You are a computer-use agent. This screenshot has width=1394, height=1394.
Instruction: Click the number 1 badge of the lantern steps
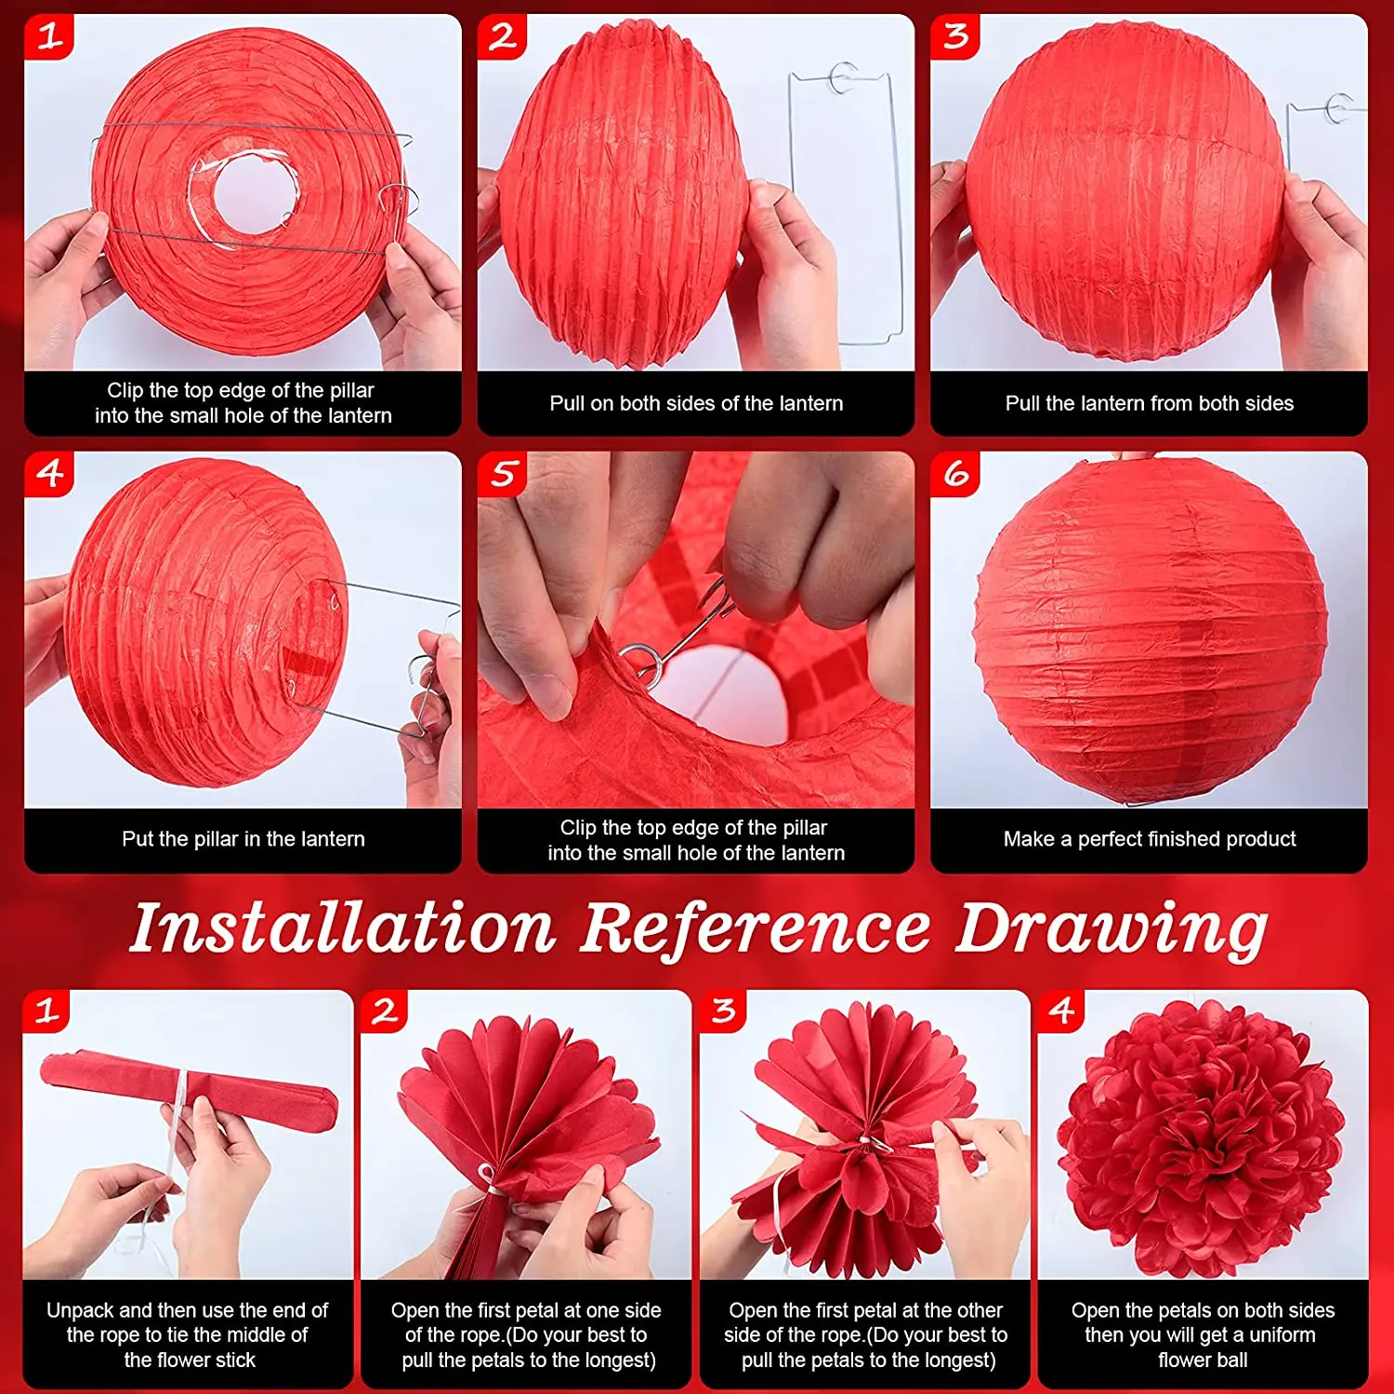[48, 37]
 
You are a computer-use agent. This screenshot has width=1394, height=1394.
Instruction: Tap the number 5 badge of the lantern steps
[502, 474]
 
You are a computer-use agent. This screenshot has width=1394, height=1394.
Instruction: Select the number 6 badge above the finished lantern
[955, 474]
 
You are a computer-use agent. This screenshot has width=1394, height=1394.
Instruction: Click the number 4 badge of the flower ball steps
[1061, 1011]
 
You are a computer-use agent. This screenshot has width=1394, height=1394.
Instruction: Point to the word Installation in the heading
[342, 928]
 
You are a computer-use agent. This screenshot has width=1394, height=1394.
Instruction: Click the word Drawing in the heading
[1111, 931]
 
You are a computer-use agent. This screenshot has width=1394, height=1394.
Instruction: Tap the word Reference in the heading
[756, 928]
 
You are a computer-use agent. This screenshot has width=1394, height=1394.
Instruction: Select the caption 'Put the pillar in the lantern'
[243, 839]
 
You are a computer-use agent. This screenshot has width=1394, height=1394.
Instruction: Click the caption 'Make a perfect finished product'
[1150, 839]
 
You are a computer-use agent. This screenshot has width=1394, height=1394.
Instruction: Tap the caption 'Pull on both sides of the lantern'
[696, 403]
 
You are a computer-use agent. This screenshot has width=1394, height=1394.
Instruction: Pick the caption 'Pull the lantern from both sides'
[1150, 403]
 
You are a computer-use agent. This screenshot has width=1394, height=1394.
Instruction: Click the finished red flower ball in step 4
[1202, 1139]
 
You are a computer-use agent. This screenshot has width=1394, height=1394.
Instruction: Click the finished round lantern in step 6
[1151, 630]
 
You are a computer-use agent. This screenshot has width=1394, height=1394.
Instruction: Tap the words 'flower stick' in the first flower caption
[190, 1360]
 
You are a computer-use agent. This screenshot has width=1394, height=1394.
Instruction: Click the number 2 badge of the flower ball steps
[385, 1011]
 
